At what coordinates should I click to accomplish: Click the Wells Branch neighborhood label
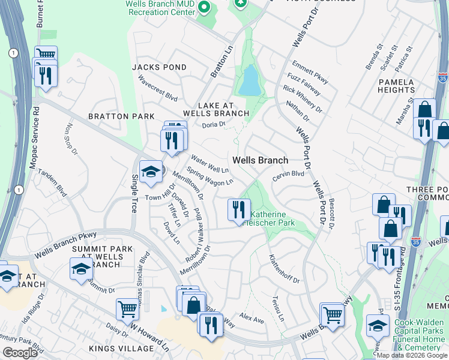pos(261,160)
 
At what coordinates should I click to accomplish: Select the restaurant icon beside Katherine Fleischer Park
pos(239,209)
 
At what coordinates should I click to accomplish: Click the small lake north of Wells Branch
pos(249,80)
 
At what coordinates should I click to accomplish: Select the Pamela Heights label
pos(396,86)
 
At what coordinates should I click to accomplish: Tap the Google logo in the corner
pos(20,353)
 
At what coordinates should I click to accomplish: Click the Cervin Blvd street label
pos(289,173)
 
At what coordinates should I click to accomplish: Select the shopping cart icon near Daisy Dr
pos(128,310)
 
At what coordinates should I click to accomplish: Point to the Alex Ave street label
pos(252,317)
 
